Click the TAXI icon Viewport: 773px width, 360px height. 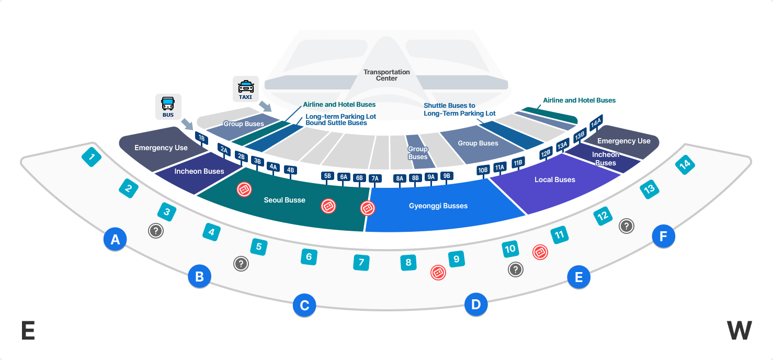(246, 89)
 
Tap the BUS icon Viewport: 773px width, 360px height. (168, 107)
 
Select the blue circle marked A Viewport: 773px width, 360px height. (115, 239)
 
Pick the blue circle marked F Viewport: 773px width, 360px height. (663, 237)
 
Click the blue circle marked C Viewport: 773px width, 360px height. (304, 305)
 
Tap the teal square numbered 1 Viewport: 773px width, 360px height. (92, 157)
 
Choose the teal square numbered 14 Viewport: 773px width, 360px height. (685, 165)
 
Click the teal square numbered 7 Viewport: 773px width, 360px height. (361, 262)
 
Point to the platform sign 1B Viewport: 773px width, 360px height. (201, 139)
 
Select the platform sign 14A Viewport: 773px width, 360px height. (596, 122)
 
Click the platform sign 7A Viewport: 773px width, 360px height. (375, 178)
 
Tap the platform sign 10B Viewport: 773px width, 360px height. (482, 170)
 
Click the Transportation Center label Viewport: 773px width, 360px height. (386, 75)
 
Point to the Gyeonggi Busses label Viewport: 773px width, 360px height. (438, 206)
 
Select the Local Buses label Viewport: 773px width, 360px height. (555, 179)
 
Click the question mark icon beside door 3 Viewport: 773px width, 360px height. (156, 231)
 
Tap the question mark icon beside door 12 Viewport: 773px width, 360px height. (627, 226)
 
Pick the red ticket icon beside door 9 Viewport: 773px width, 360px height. (438, 273)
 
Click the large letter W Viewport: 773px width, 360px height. (739, 331)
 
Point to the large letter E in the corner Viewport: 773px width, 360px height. (28, 331)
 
